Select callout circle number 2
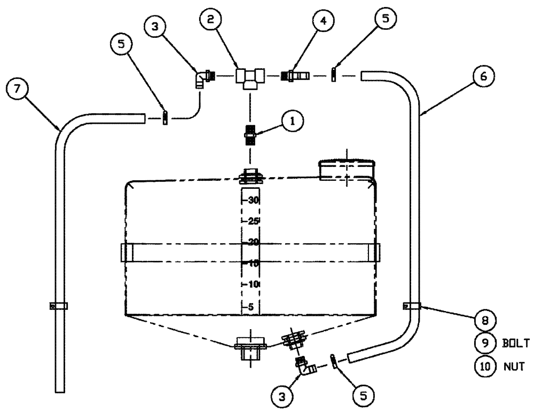click(210, 20)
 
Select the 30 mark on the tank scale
click(253, 200)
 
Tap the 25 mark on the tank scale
click(253, 221)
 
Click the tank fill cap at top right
click(347, 170)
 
